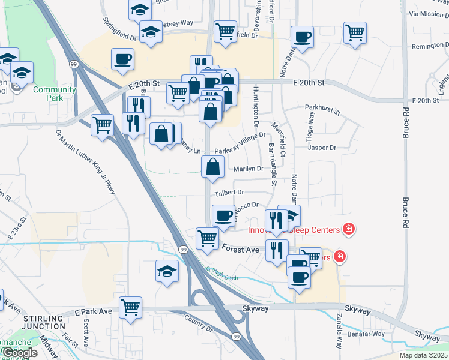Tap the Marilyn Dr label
point(249,169)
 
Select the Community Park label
point(55,94)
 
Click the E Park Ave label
point(94,312)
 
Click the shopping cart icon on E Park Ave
point(130,307)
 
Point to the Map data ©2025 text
point(423,355)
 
